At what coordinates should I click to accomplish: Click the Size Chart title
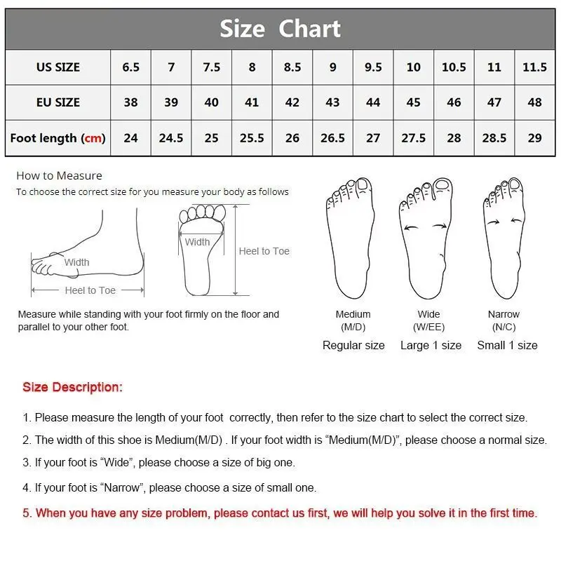point(280,29)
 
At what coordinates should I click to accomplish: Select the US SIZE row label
point(58,67)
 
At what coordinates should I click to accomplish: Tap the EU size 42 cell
point(292,102)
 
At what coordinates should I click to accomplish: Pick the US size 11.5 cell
point(534,67)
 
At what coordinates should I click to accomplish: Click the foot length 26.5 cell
point(332,138)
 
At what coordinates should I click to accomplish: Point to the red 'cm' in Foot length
point(93,138)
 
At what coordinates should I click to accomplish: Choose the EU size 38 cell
point(130,102)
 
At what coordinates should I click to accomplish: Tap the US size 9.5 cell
point(373,67)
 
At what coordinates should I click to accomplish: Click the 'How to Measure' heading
point(59,176)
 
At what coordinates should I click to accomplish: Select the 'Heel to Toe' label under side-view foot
point(90,290)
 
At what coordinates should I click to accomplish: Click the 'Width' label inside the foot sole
point(197,242)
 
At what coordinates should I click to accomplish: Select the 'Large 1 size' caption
point(431,345)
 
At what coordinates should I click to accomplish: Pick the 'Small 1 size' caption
point(507,345)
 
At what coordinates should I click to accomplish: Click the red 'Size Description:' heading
point(72,387)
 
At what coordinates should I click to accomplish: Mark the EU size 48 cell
point(534,102)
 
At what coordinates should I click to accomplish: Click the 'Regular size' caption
point(353,345)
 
